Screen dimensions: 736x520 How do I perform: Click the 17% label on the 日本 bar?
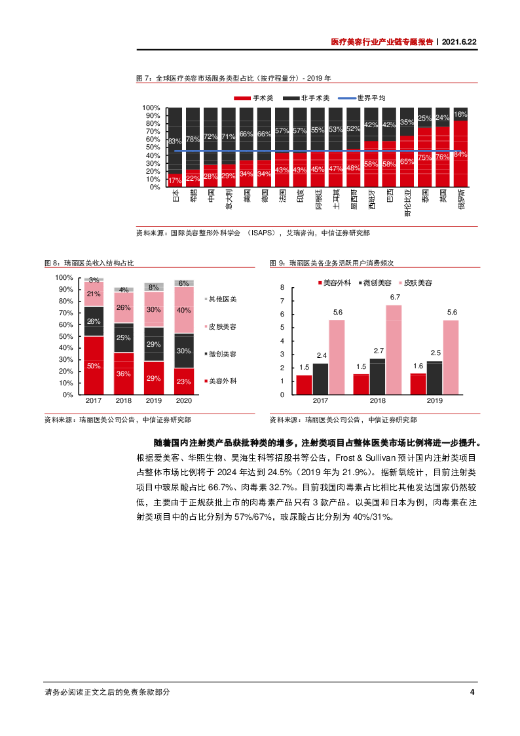coord(175,180)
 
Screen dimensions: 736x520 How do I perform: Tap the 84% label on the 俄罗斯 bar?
coord(460,155)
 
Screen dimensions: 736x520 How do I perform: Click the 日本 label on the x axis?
coord(175,196)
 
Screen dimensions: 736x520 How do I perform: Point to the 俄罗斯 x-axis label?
coord(460,199)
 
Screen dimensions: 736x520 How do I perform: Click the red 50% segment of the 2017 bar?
coord(94,365)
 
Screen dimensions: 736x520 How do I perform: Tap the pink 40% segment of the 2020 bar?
coord(184,310)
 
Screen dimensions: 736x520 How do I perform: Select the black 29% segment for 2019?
coord(154,344)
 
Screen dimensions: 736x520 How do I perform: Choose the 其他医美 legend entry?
coord(223,299)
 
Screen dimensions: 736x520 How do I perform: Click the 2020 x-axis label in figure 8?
coord(184,400)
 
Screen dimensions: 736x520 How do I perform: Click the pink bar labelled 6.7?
coord(394,350)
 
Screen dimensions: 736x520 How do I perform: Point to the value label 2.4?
coord(322,355)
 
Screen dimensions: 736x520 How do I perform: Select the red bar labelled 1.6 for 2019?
coord(417,384)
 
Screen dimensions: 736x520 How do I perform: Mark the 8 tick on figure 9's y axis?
coord(282,288)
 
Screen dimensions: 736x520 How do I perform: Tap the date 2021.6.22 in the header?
coord(459,41)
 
